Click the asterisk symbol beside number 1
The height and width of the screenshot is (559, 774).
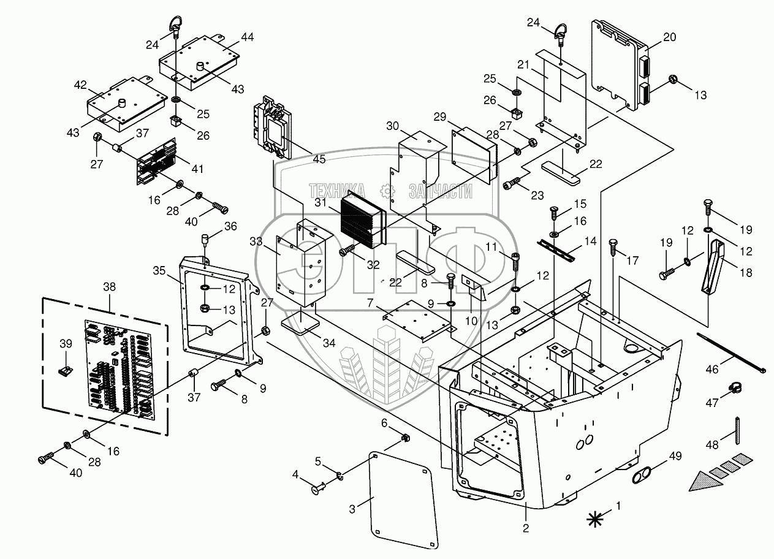[x=594, y=519]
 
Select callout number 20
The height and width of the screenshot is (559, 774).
[x=669, y=37]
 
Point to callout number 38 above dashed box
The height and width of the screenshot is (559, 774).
[x=110, y=287]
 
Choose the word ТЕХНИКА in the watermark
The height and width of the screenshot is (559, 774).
[x=336, y=191]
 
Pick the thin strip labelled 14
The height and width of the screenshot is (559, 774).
[x=558, y=249]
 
